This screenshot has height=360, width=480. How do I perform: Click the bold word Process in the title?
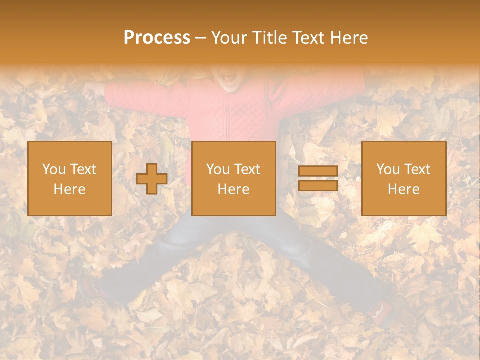(157, 38)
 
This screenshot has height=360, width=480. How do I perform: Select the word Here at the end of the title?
(349, 38)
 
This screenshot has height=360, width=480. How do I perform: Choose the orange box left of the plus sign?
(70, 179)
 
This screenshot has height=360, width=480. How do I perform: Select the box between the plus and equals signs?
(233, 179)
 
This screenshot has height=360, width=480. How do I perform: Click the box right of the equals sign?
(403, 179)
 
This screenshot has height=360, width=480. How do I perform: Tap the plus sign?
(152, 179)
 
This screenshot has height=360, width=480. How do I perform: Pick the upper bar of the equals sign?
(318, 171)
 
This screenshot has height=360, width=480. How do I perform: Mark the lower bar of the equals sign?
(318, 185)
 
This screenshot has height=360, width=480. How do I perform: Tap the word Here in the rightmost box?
(403, 189)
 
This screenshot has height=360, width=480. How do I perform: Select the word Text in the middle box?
(248, 169)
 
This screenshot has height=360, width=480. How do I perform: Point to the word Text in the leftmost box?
(83, 169)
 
